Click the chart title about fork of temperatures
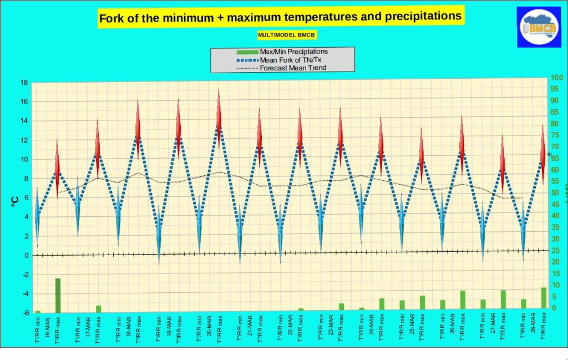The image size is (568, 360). click(x=280, y=17)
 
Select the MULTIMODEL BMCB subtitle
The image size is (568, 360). click(x=279, y=35)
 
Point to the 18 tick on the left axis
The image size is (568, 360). click(x=24, y=83)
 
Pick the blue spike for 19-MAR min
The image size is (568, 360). click(x=159, y=233)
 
